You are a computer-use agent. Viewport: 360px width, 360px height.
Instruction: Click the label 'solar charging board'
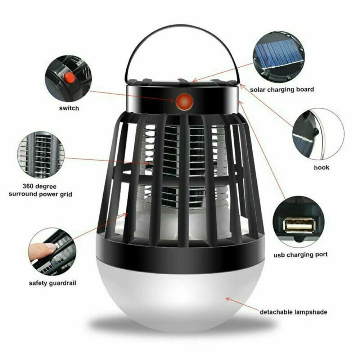tap(282, 89)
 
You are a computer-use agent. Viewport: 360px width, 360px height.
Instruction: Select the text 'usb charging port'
tap(300, 255)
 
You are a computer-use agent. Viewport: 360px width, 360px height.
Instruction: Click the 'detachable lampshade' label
tap(293, 312)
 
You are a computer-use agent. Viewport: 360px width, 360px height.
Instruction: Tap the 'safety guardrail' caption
tap(53, 283)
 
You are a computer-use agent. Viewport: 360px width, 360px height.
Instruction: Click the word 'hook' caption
tap(321, 167)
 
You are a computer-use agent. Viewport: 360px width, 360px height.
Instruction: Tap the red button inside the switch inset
tap(68, 77)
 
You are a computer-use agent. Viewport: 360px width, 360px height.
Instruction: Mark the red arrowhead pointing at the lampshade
tap(228, 298)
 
